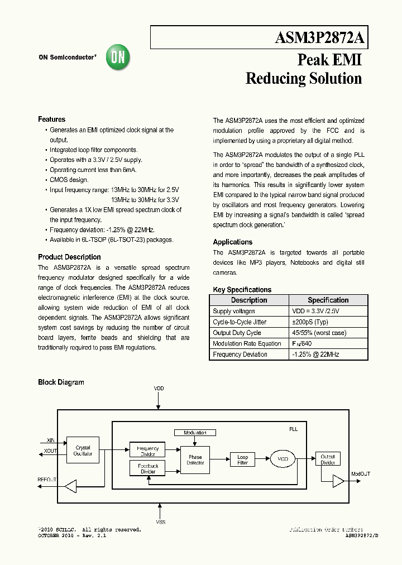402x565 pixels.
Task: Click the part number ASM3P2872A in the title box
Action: click(319, 38)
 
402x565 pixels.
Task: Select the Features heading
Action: click(51, 119)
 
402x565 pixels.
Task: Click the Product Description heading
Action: click(69, 257)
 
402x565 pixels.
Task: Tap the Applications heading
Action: click(232, 242)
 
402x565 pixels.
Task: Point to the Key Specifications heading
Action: click(242, 290)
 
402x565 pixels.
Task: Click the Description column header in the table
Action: click(249, 300)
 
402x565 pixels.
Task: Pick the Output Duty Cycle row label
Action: click(237, 333)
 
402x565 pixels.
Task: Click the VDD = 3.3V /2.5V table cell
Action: click(315, 312)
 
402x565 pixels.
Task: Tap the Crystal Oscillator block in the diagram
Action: click(83, 451)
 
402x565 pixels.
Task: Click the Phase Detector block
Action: click(195, 460)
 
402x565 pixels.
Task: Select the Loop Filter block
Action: click(242, 460)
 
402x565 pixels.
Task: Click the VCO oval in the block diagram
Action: click(283, 459)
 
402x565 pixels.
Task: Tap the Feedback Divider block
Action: click(147, 468)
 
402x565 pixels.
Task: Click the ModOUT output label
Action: click(360, 474)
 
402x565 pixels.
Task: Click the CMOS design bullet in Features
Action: click(69, 180)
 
